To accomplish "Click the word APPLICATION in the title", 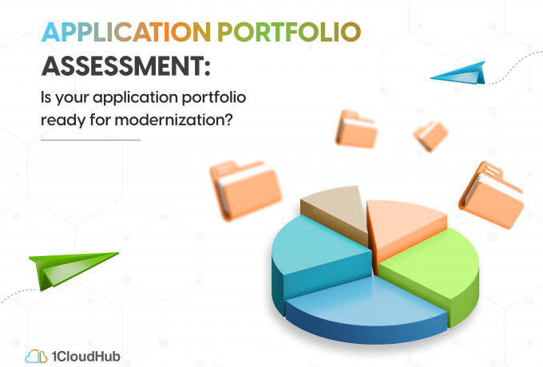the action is coord(126,32).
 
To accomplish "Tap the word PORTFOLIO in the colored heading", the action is coord(289,32).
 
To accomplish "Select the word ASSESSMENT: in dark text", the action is coord(126,66).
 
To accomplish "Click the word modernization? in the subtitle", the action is coord(174,120).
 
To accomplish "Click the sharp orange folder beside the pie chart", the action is coord(492,195).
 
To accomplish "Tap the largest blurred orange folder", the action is coord(245,190).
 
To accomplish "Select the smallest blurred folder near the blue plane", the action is coord(430,136).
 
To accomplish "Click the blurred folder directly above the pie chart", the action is coord(356,129).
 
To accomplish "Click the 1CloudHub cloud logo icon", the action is coord(36,357).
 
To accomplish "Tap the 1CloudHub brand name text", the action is coord(86,357).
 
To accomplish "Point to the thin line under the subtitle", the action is coord(90,140).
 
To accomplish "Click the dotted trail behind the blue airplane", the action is coord(514,65).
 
